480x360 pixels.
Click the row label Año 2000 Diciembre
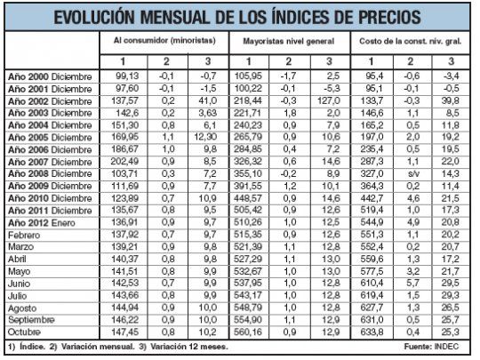coord(50,76)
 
